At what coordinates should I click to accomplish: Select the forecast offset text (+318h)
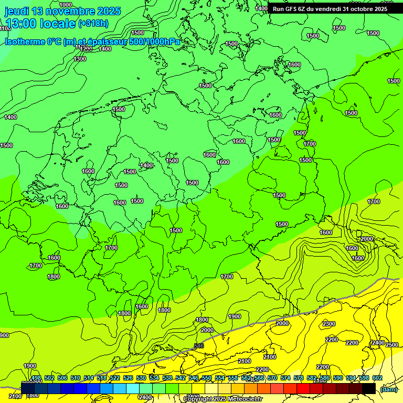[x=93, y=23]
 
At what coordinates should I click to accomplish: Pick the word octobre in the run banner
[x=360, y=8]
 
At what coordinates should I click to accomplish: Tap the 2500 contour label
[x=392, y=344]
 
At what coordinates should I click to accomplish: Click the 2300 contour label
[x=329, y=324]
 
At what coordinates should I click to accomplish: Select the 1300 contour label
[x=80, y=59]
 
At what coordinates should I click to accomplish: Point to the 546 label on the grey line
[x=198, y=346]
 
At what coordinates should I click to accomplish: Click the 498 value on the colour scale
[x=36, y=378]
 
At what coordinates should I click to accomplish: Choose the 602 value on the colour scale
[x=377, y=378]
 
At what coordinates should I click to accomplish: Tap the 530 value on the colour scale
[x=141, y=378]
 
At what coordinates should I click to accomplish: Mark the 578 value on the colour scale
[x=299, y=378]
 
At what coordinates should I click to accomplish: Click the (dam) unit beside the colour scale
[x=388, y=389]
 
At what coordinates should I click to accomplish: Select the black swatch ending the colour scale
[x=369, y=388]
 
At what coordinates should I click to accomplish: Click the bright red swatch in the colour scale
[x=303, y=388]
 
